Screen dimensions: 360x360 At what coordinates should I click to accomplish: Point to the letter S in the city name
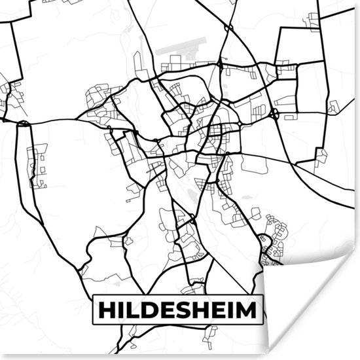click(184, 310)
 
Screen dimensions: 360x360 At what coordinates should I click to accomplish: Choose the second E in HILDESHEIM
click(218, 310)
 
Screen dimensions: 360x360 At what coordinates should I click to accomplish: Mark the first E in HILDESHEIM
click(168, 310)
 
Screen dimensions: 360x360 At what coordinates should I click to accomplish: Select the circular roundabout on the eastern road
click(274, 115)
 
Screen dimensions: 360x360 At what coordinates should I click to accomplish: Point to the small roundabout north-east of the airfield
click(228, 27)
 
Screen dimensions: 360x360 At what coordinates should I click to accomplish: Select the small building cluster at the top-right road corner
click(313, 20)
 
